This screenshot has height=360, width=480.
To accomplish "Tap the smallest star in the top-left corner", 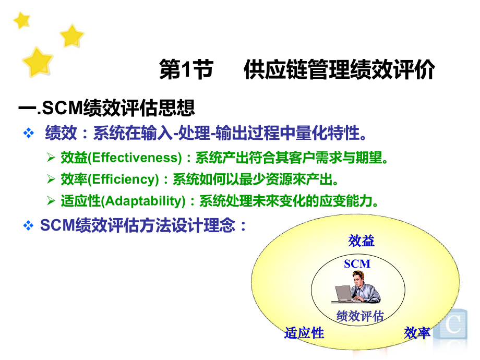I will click(22, 20).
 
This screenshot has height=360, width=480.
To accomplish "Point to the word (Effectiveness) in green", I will click(135, 158).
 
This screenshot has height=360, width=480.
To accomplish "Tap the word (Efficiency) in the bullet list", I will click(123, 179).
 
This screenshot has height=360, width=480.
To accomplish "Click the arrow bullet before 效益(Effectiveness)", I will click(51, 158).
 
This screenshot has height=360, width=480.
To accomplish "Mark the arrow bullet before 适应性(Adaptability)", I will click(51, 201).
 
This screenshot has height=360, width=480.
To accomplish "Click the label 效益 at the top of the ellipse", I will click(361, 241).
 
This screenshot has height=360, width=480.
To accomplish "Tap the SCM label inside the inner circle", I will click(357, 264).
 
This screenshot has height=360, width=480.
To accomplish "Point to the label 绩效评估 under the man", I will click(360, 316).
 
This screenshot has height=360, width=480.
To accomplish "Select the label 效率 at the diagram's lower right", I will click(417, 333).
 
